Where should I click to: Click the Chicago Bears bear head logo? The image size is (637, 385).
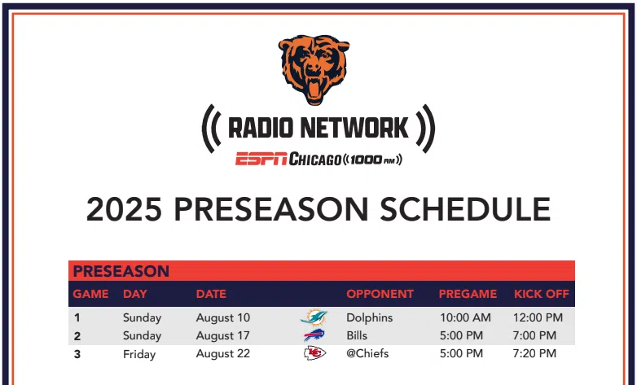tap(314, 69)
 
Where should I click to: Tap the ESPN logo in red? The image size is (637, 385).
tap(261, 159)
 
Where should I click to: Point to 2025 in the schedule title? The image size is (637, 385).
tap(124, 209)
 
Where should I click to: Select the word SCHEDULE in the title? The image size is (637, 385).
tap(465, 209)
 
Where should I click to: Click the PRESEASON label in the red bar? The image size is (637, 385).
tap(121, 271)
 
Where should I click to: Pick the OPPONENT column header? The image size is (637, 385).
tap(380, 294)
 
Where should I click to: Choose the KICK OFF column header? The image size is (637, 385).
tap(542, 294)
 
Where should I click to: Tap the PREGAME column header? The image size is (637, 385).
tap(468, 294)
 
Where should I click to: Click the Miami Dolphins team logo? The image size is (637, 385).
tap(314, 317)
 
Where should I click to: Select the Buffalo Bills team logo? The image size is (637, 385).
tap(314, 335)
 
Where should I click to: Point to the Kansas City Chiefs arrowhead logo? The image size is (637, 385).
tap(315, 353)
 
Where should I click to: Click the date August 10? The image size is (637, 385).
tap(223, 318)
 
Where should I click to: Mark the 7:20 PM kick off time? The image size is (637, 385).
tap(534, 353)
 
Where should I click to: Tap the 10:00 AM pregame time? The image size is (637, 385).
tap(465, 317)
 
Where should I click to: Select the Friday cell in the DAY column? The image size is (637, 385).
tap(139, 354)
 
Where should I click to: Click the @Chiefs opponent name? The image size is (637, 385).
tap(367, 353)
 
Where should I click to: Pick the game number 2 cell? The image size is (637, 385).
tap(77, 336)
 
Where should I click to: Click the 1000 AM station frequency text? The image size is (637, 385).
tap(373, 160)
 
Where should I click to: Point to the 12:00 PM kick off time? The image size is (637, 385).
tap(538, 317)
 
